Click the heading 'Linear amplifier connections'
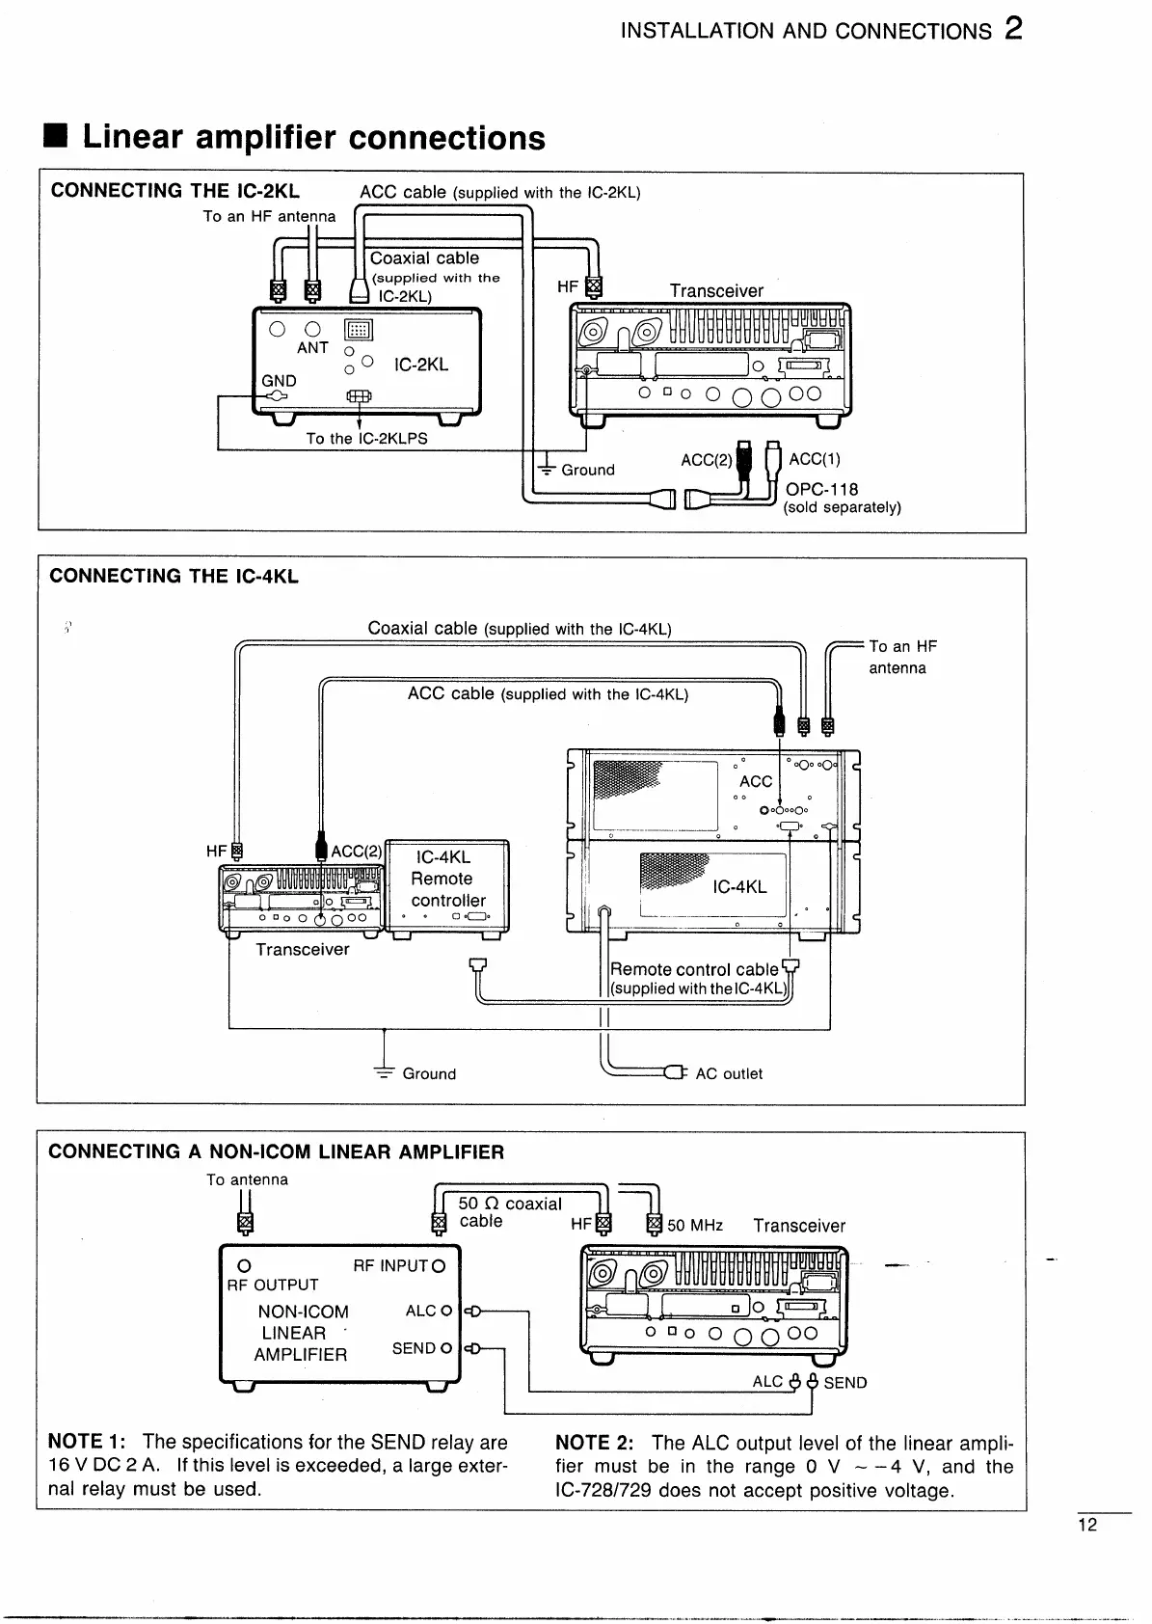(x=313, y=138)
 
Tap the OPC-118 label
(x=821, y=489)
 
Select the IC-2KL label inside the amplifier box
(x=421, y=365)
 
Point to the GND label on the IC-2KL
(x=279, y=381)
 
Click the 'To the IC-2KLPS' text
(x=366, y=439)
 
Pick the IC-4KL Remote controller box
(x=447, y=884)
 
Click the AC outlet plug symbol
(x=674, y=1072)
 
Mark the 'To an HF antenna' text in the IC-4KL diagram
(x=901, y=657)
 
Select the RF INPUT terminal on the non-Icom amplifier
(x=440, y=1266)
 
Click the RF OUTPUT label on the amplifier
(x=272, y=1285)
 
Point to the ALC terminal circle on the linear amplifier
(x=445, y=1311)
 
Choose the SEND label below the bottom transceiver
(x=845, y=1382)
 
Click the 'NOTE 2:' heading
(x=595, y=1443)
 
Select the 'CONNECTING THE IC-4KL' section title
(x=174, y=577)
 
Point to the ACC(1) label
(x=815, y=459)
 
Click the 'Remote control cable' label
(x=694, y=969)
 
